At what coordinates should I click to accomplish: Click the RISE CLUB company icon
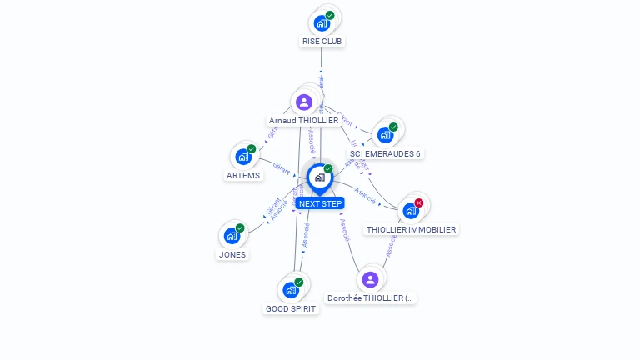[x=322, y=22]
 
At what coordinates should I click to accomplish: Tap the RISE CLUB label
[x=322, y=41]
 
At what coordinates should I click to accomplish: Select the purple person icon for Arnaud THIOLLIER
[x=304, y=102]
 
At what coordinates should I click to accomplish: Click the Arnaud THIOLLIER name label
[x=303, y=120]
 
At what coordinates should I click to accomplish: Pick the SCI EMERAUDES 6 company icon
[x=385, y=134]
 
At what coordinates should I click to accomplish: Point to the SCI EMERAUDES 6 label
[x=385, y=153]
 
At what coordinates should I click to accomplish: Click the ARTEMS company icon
[x=243, y=156]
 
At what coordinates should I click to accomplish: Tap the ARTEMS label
[x=243, y=175]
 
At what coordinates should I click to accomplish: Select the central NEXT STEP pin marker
[x=320, y=177]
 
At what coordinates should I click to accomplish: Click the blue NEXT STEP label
[x=320, y=203]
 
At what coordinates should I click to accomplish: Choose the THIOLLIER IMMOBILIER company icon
[x=411, y=210]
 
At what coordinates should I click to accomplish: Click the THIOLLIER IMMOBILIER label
[x=411, y=229]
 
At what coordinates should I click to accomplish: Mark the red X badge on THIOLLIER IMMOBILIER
[x=419, y=202]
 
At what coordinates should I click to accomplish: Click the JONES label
[x=232, y=254]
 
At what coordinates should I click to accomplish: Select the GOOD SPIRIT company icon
[x=291, y=289]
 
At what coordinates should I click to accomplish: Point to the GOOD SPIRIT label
[x=291, y=308]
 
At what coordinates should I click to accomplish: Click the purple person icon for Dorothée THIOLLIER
[x=371, y=279]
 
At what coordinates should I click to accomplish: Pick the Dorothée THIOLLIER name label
[x=371, y=297]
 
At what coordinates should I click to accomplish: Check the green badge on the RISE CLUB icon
[x=330, y=15]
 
